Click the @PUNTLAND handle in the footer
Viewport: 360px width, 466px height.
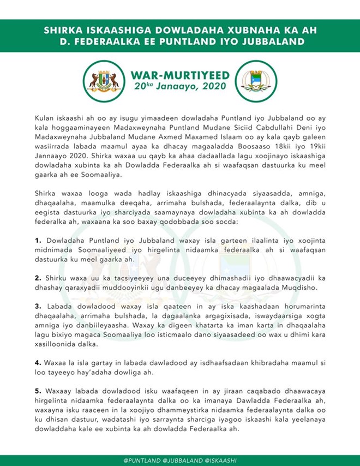tap(142, 460)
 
